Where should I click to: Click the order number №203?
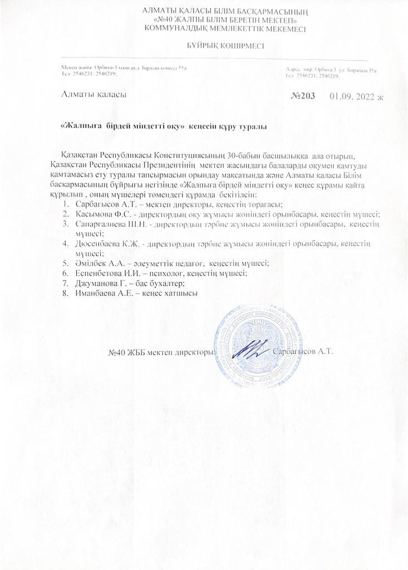pyautogui.click(x=303, y=96)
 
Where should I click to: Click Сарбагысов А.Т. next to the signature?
pyautogui.click(x=303, y=352)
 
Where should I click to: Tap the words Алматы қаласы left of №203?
pyautogui.click(x=94, y=95)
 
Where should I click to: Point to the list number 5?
pyautogui.click(x=66, y=263)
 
